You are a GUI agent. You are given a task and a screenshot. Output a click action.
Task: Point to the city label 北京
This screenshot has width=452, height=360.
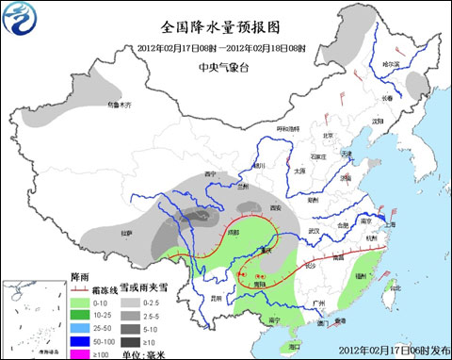point(328,135)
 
